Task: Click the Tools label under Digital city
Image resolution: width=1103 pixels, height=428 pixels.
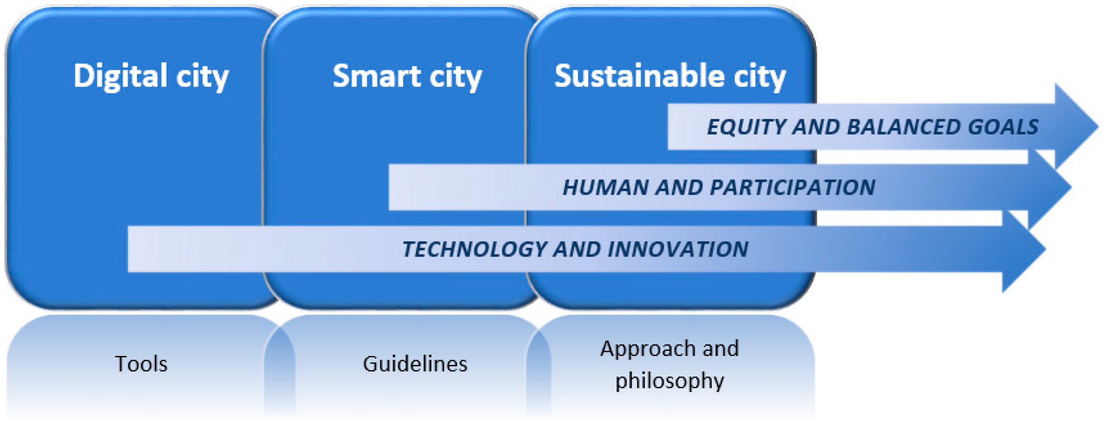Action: tap(141, 364)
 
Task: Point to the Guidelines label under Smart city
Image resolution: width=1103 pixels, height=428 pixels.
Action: tap(414, 364)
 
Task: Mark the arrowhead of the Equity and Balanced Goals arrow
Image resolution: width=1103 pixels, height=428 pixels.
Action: tap(1075, 127)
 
